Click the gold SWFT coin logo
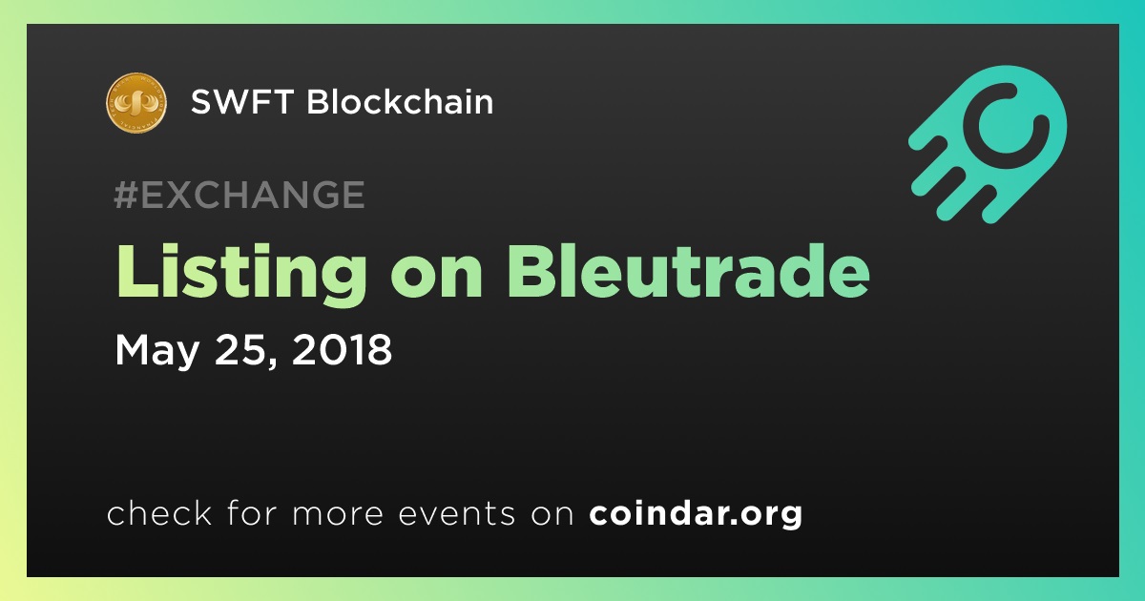[135, 103]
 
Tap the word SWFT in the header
[241, 102]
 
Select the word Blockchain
[400, 101]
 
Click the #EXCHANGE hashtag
[239, 195]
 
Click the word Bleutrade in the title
[688, 270]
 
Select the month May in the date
[156, 351]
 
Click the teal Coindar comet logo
[989, 144]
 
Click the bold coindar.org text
[696, 513]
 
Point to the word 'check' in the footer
[159, 512]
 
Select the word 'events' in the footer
[457, 513]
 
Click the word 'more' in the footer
[338, 514]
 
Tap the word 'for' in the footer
[252, 512]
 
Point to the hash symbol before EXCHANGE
[126, 195]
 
